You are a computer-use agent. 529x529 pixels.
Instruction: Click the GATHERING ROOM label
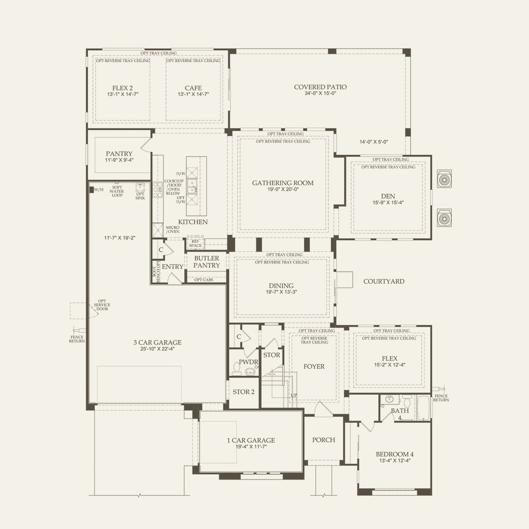click(283, 183)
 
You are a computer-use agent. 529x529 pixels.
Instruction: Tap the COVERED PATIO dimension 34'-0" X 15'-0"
click(320, 93)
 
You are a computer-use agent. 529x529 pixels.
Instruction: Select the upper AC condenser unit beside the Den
click(444, 179)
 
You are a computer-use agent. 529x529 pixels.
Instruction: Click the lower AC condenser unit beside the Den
click(444, 218)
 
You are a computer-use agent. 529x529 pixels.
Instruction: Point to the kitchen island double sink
click(192, 186)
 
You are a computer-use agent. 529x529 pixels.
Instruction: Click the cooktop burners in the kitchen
click(157, 189)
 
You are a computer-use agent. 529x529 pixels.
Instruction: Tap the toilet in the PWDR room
click(236, 369)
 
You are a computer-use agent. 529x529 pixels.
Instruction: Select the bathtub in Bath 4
click(423, 408)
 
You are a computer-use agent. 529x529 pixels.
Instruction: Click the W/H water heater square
click(91, 189)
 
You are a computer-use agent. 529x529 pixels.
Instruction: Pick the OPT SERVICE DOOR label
click(102, 305)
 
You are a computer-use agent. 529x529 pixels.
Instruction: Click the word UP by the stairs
click(294, 395)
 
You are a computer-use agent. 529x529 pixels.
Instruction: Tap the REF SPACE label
click(195, 243)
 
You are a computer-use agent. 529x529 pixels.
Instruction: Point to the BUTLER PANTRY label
click(207, 262)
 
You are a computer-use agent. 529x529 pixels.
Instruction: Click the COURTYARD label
click(384, 282)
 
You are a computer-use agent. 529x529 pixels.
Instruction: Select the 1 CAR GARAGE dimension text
click(251, 447)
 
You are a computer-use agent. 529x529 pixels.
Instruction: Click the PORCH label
click(324, 440)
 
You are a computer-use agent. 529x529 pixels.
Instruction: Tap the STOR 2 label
click(244, 392)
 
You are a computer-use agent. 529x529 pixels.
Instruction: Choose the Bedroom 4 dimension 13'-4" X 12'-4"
click(395, 461)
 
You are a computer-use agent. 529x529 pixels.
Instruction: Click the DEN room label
click(388, 196)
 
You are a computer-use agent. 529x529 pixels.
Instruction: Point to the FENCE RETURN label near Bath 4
click(441, 398)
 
